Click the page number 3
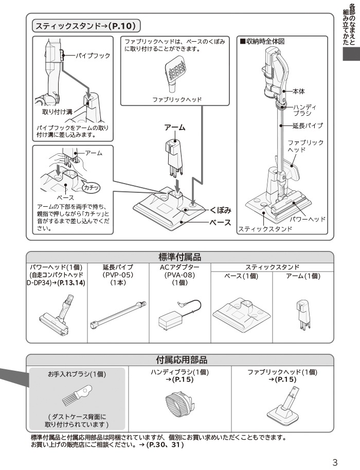(335, 462)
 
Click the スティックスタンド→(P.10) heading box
(86, 26)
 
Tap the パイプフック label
(93, 56)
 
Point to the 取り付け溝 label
(58, 112)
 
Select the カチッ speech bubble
(91, 188)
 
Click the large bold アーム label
(175, 128)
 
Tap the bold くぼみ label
(221, 210)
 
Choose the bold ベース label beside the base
(221, 223)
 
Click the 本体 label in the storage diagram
(299, 92)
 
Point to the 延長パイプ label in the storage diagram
(308, 125)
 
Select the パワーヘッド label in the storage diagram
(308, 219)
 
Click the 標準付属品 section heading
(180, 257)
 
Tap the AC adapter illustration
(179, 315)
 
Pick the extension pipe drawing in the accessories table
(118, 315)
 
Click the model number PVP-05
(118, 275)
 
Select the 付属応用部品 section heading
(182, 359)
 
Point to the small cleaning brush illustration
(77, 395)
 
